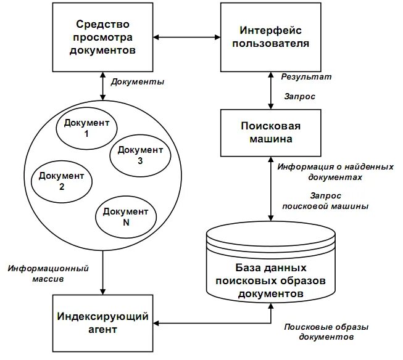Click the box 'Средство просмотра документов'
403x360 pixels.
pos(103,38)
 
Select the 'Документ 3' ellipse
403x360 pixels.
pos(140,155)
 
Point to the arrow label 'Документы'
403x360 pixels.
pos(137,82)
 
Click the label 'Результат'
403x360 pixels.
pos(306,78)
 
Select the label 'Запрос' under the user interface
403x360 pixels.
pos(300,97)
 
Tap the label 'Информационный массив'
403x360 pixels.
pos(49,274)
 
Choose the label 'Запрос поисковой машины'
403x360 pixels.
pos(325,201)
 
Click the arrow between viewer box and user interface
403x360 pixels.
pos(186,38)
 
